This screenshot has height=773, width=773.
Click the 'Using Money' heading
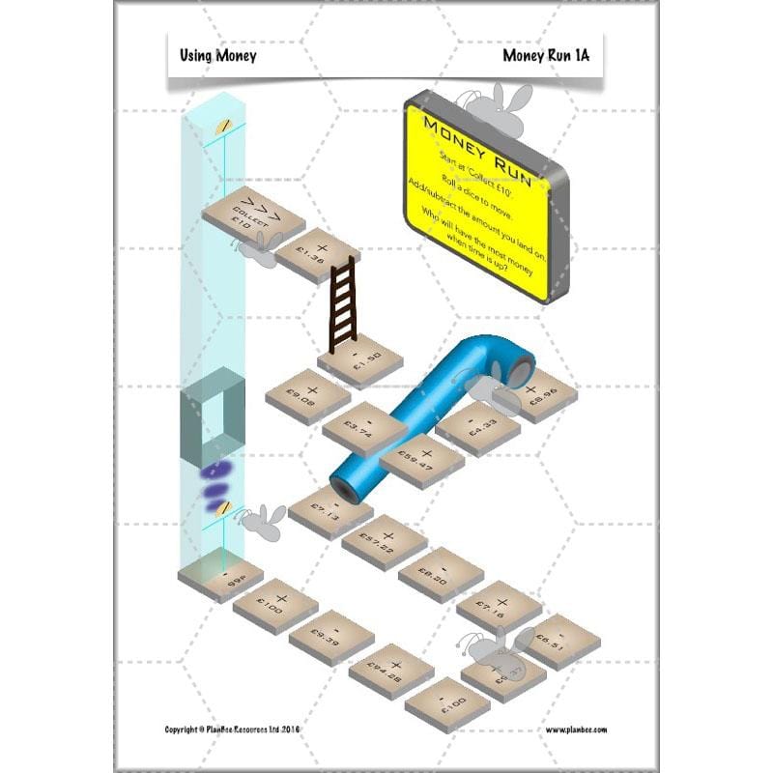[218, 56]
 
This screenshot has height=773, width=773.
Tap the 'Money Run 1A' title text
[545, 56]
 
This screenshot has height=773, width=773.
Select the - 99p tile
[220, 578]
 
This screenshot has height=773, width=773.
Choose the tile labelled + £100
[275, 606]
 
